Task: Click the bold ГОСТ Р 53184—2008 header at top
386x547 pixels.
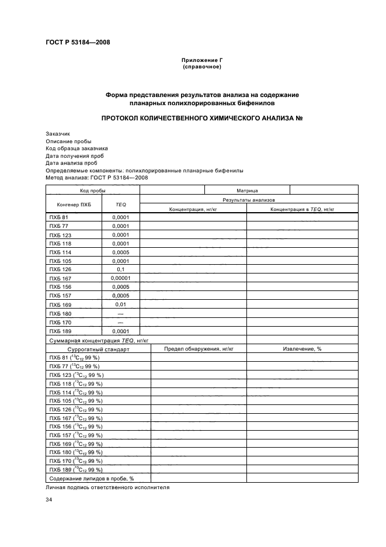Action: pyautogui.click(x=77, y=42)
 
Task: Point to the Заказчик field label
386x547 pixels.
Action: pyautogui.click(x=57, y=133)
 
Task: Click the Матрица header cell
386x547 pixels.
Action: pyautogui.click(x=247, y=191)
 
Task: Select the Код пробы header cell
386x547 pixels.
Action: pyautogui.click(x=92, y=191)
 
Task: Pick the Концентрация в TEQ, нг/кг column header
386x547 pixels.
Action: pyautogui.click(x=302, y=209)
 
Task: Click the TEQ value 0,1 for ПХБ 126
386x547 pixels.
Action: pyautogui.click(x=121, y=269)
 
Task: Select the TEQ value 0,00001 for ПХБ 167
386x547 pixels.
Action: pyautogui.click(x=121, y=278)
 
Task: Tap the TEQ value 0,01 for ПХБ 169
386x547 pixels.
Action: pyautogui.click(x=121, y=304)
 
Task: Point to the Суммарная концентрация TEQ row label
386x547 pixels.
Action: pyautogui.click(x=99, y=340)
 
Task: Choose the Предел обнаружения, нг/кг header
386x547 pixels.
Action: pyautogui.click(x=199, y=348)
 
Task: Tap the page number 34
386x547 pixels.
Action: pyautogui.click(x=49, y=500)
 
